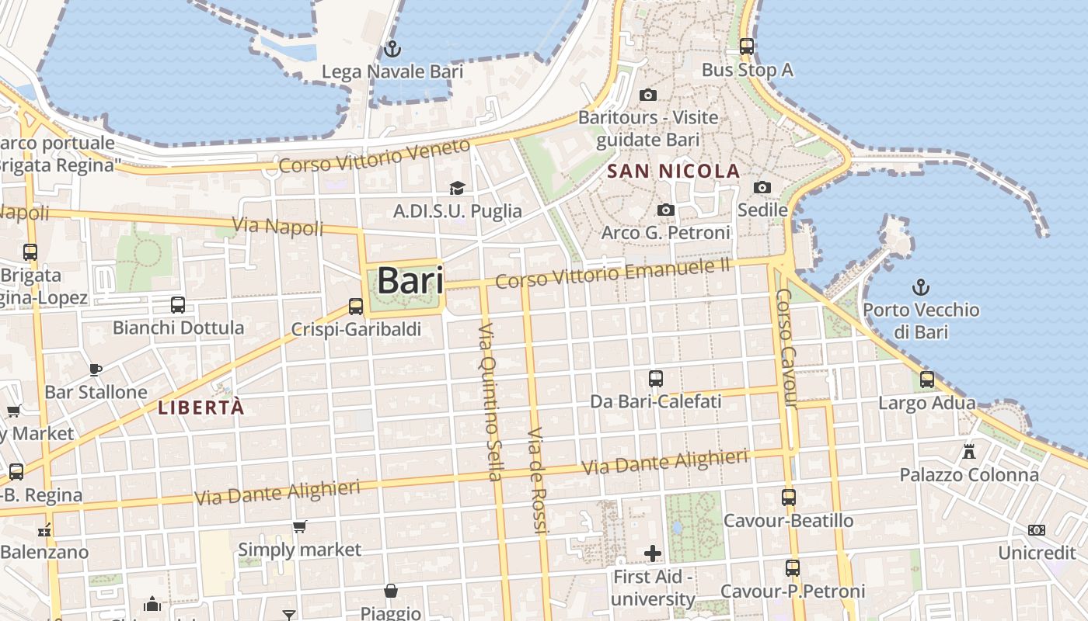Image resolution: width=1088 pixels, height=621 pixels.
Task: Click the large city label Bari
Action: [x=410, y=281]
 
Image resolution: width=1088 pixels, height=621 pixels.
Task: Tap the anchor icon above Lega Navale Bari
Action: [x=392, y=49]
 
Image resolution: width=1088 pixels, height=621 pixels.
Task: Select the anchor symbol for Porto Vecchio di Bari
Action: [x=921, y=287]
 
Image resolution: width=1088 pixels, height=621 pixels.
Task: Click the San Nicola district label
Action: [x=673, y=171]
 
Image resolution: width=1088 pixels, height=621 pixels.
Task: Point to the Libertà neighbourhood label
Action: [x=201, y=408]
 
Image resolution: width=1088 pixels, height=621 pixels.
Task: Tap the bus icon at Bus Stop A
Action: [x=747, y=47]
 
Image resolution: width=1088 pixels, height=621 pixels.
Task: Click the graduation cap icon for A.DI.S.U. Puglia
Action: [x=457, y=189]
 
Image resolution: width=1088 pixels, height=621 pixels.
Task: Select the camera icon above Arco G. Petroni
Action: [x=665, y=210]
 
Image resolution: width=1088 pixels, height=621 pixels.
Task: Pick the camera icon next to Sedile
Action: [x=762, y=187]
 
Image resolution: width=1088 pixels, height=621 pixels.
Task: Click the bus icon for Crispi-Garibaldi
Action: [x=356, y=307]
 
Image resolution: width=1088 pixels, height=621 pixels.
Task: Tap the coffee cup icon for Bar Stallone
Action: [x=96, y=369]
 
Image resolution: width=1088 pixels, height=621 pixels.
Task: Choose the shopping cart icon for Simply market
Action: [x=299, y=527]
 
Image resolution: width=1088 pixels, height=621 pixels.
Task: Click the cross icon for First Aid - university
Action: [x=653, y=553]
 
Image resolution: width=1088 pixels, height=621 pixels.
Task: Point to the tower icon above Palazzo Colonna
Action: [x=969, y=451]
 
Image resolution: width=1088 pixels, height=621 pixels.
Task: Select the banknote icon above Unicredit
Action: [x=1036, y=530]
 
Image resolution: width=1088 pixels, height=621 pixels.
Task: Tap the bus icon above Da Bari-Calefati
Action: [x=656, y=379]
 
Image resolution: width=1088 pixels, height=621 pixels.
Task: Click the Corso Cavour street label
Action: [x=786, y=348]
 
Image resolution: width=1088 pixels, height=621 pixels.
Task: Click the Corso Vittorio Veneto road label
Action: [x=375, y=157]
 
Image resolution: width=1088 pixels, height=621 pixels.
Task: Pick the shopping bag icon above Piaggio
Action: [x=391, y=592]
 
